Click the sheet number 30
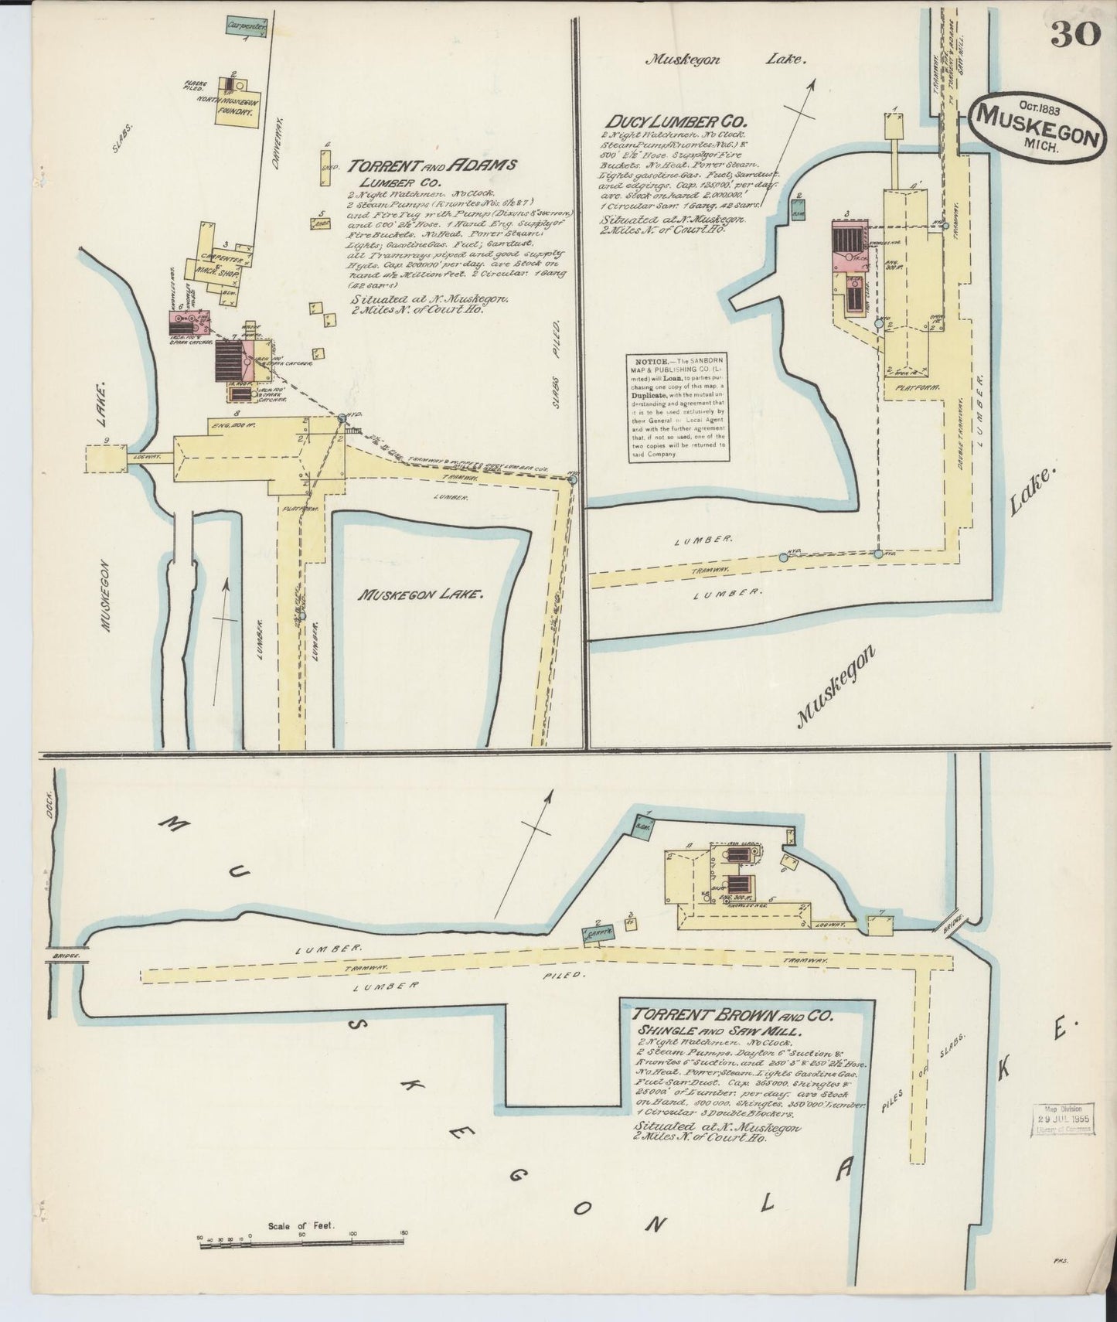tap(1075, 34)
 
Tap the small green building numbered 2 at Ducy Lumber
tap(799, 210)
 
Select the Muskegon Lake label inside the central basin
tap(421, 595)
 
